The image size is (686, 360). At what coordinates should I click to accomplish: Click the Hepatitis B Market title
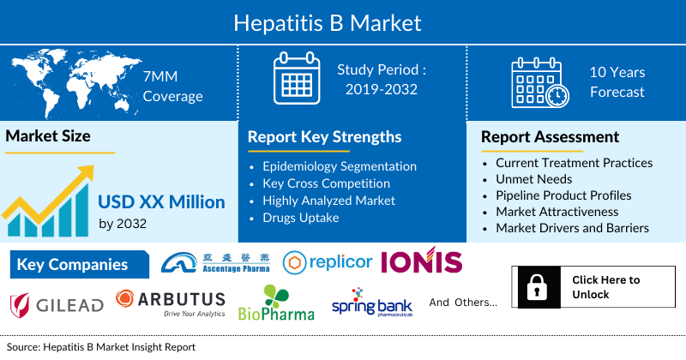click(343, 20)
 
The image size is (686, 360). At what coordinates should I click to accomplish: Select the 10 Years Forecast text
click(617, 82)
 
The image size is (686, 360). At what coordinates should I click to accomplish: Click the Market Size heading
click(48, 136)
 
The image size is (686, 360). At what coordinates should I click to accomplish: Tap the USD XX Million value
click(161, 203)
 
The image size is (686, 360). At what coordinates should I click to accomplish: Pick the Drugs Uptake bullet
click(302, 218)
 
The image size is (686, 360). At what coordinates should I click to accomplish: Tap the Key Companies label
click(72, 265)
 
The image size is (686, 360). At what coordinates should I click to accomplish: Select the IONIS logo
click(421, 263)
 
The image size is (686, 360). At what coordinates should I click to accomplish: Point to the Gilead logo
click(57, 303)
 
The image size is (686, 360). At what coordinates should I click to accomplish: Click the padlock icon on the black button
click(539, 287)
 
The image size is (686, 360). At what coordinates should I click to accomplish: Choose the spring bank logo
click(371, 304)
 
